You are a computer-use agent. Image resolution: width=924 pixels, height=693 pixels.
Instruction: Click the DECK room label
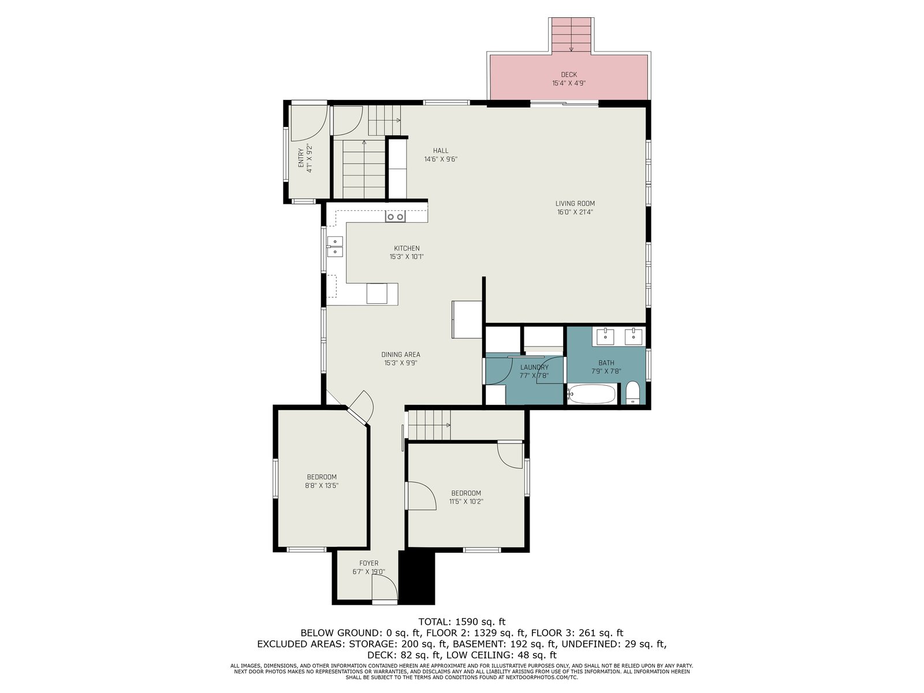[568, 74]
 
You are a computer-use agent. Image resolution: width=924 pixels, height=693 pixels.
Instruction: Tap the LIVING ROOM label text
[575, 203]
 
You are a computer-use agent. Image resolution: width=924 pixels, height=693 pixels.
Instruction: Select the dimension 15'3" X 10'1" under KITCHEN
[406, 256]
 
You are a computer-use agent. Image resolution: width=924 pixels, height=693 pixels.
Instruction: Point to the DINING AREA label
[400, 354]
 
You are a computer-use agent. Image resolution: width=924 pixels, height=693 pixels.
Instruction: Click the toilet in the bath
[632, 393]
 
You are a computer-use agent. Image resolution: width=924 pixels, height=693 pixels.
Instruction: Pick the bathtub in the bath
[591, 394]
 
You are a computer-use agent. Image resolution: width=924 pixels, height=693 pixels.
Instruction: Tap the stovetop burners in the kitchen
[395, 217]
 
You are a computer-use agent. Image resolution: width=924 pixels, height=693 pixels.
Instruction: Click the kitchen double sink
[334, 247]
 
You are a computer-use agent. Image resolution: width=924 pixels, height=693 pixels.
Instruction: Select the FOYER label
[368, 563]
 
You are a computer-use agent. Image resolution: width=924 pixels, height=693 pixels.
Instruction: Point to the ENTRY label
[301, 158]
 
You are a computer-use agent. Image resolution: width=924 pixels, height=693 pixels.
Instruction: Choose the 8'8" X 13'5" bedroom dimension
[322, 485]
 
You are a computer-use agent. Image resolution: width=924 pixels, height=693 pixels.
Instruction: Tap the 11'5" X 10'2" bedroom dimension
[465, 501]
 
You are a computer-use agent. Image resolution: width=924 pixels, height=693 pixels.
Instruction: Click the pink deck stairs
[571, 35]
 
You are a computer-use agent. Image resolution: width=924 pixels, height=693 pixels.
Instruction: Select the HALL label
[440, 151]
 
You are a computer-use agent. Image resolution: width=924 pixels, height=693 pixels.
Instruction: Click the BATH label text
[606, 363]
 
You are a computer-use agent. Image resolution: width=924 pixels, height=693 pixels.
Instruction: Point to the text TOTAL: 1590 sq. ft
[462, 621]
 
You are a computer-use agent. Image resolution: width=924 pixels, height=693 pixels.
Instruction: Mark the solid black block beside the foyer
[416, 577]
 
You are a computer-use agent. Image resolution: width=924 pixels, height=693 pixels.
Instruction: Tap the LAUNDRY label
[534, 367]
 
